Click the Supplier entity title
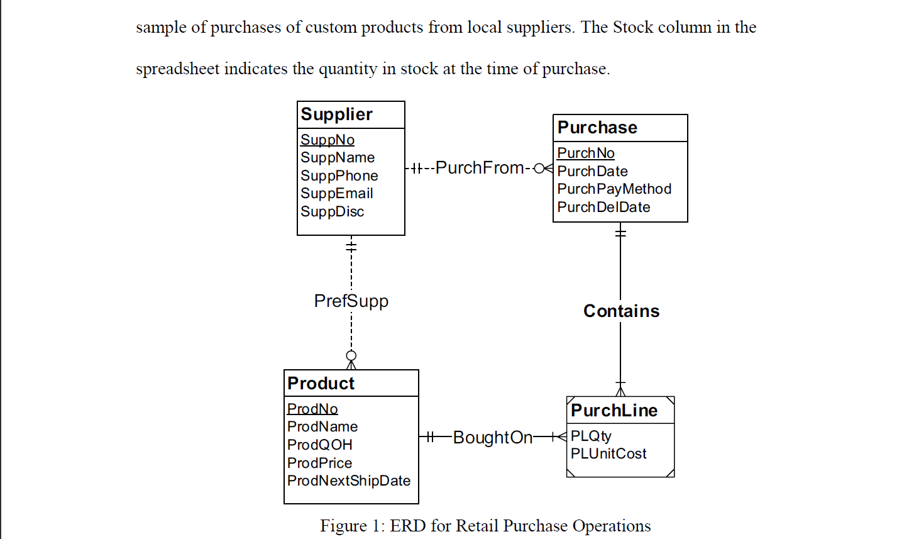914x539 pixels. click(336, 114)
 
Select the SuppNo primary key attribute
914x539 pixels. click(327, 140)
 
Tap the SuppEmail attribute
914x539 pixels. click(336, 194)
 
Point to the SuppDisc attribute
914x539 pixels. click(332, 212)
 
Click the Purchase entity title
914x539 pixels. click(597, 128)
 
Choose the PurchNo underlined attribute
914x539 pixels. click(585, 153)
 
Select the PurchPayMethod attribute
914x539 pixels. click(614, 189)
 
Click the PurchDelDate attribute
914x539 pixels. click(603, 208)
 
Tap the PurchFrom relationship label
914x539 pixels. click(479, 168)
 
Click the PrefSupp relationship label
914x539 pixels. click(351, 301)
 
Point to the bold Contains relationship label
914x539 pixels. click(621, 311)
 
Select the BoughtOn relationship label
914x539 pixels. click(492, 438)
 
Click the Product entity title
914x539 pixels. click(321, 384)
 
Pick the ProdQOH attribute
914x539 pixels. click(319, 445)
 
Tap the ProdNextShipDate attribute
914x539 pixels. click(348, 481)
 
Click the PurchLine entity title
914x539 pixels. click(614, 411)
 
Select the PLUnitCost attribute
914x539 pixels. click(608, 454)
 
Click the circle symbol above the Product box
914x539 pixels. click(351, 355)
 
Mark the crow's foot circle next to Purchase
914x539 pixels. click(539, 169)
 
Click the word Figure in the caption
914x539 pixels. click(343, 526)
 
